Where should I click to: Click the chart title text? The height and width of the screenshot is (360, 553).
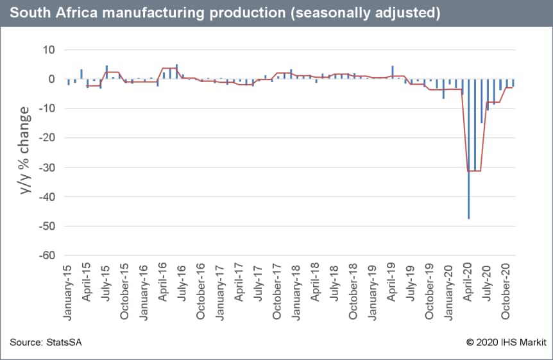click(x=225, y=13)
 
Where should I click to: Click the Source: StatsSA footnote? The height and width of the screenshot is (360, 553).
click(x=46, y=343)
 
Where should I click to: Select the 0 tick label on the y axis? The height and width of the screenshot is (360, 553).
click(x=51, y=80)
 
